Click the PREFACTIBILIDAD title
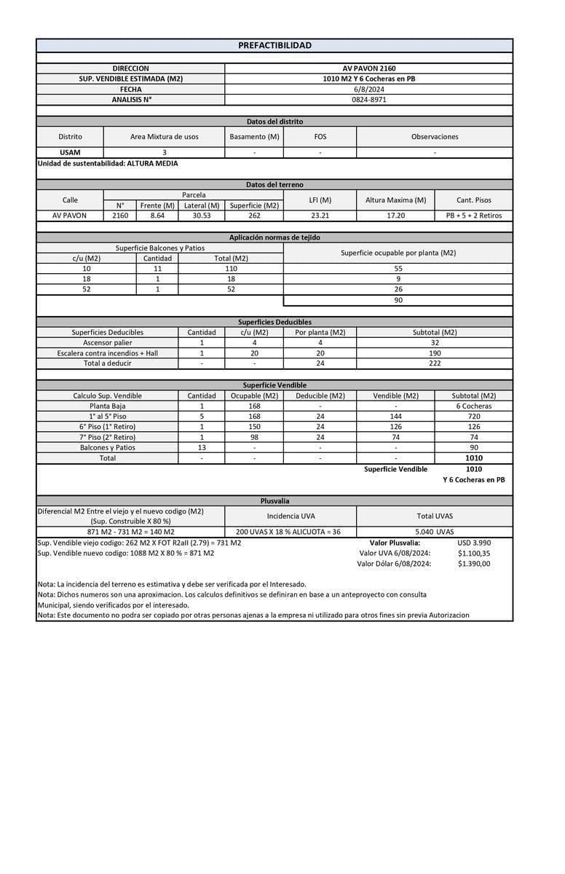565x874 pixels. pos(274,45)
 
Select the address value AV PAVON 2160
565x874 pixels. pos(369,68)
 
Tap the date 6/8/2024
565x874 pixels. pos(369,89)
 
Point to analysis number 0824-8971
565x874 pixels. pos(369,99)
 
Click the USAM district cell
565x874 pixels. pos(70,152)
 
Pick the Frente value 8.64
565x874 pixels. pos(157,216)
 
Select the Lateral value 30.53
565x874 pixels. pos(202,216)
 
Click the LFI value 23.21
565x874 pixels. pos(320,216)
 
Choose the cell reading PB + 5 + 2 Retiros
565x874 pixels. pos(473,216)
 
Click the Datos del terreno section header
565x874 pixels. pos(274,185)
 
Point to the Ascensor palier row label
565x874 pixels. pos(108,342)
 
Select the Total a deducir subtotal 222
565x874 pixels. pos(435,363)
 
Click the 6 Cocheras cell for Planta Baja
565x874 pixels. pos(473,406)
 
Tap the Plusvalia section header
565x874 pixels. pos(274,501)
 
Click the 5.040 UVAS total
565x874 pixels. pos(435,532)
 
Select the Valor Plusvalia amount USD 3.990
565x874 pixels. pos(474,543)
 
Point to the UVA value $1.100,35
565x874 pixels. pos(474,553)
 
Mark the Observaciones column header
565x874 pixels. pos(435,136)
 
